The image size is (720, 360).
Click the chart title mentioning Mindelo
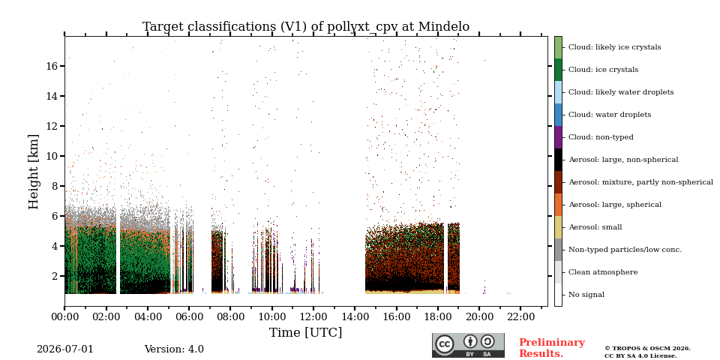(306, 27)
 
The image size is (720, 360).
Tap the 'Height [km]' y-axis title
(34, 172)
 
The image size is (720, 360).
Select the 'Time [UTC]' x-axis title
(306, 332)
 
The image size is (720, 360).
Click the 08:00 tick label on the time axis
(230, 316)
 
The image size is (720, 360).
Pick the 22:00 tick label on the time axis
(520, 316)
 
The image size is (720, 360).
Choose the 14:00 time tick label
(355, 316)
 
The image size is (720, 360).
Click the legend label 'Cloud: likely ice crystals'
(615, 47)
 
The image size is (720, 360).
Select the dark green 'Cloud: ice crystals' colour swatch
(558, 70)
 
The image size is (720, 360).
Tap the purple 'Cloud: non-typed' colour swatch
(558, 137)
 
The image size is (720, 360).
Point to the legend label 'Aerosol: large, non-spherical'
(623, 160)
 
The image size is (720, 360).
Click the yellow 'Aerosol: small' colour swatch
(558, 227)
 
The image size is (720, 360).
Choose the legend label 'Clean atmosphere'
(603, 272)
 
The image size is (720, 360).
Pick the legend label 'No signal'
(586, 295)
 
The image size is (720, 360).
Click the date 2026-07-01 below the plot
(65, 349)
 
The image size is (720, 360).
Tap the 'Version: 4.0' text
(174, 349)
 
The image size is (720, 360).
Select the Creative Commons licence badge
(468, 345)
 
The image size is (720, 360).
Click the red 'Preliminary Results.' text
(552, 348)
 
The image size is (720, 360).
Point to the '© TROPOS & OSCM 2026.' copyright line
(647, 349)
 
